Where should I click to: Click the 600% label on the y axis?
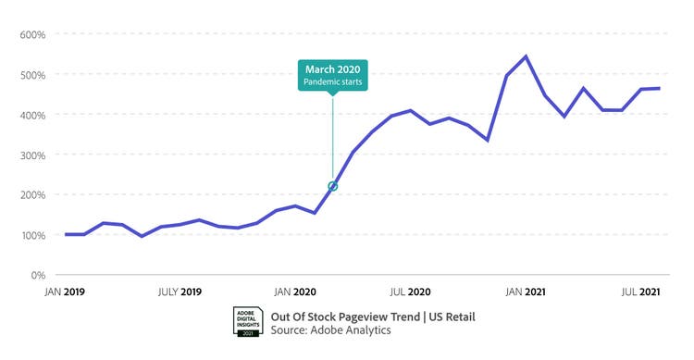(33, 35)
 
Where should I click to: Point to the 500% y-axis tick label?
(33, 75)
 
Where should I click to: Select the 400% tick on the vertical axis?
(33, 115)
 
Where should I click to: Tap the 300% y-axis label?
(33, 155)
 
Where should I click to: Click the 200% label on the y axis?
(33, 195)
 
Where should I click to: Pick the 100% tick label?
(33, 235)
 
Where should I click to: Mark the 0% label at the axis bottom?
(38, 276)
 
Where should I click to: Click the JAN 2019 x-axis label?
(65, 292)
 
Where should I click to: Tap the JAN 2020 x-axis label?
(297, 292)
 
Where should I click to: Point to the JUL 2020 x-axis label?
(411, 292)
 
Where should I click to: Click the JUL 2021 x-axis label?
(640, 292)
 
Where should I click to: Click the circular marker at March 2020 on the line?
(333, 186)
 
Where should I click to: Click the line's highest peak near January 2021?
(526, 56)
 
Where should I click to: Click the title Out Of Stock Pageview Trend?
(372, 317)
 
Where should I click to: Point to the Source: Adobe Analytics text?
(330, 330)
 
